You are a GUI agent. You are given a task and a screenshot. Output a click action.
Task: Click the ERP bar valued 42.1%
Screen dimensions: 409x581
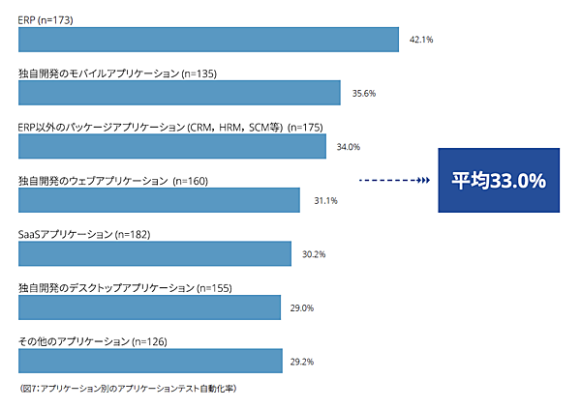click(x=208, y=40)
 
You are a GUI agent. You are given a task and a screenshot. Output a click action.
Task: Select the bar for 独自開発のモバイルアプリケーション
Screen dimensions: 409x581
click(x=179, y=93)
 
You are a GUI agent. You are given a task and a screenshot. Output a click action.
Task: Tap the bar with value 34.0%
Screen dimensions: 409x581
click(x=172, y=147)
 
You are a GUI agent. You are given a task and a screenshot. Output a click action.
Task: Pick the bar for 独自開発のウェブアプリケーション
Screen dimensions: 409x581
click(x=159, y=200)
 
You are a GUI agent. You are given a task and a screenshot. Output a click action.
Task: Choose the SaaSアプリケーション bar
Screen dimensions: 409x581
click(x=155, y=253)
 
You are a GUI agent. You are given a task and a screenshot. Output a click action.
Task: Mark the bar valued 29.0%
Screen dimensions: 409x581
click(x=150, y=307)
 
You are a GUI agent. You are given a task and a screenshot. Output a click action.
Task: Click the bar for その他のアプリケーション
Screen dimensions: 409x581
click(x=151, y=361)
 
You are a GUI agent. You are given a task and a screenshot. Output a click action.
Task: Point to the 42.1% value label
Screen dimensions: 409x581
click(x=420, y=41)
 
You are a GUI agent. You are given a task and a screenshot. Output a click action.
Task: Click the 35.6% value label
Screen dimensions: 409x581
click(x=363, y=94)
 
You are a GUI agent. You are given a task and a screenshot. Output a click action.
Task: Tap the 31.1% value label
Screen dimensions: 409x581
click(x=325, y=201)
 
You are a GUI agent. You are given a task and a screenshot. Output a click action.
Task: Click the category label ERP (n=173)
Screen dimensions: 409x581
click(x=46, y=19)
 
